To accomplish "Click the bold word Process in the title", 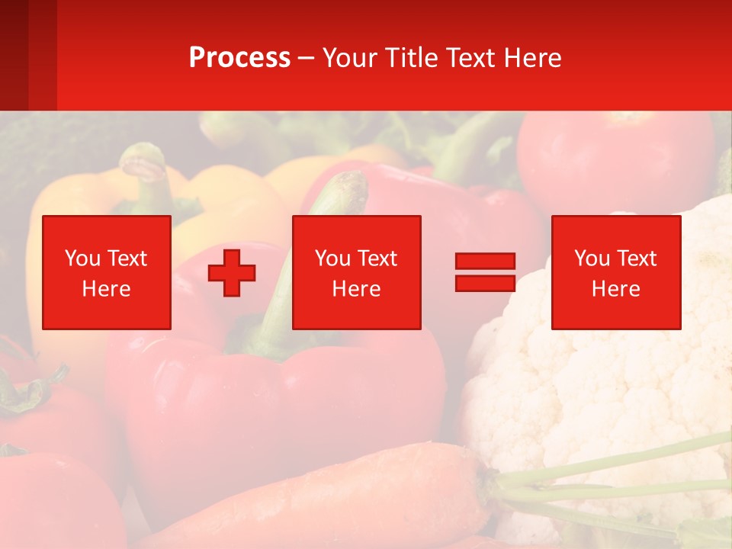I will (x=239, y=58).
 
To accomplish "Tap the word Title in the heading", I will (x=408, y=58).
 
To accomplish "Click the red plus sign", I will (x=232, y=272).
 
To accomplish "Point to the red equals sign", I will (x=485, y=272).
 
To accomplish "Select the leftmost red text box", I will (x=107, y=272).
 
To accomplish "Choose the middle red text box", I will (x=356, y=272).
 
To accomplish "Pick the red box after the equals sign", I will (x=615, y=272).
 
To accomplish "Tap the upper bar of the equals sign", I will (x=485, y=261).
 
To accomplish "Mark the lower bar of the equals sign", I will (x=485, y=284).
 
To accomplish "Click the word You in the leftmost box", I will (x=82, y=258).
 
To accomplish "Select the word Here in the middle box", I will (x=356, y=289).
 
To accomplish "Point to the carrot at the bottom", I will (x=343, y=496).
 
